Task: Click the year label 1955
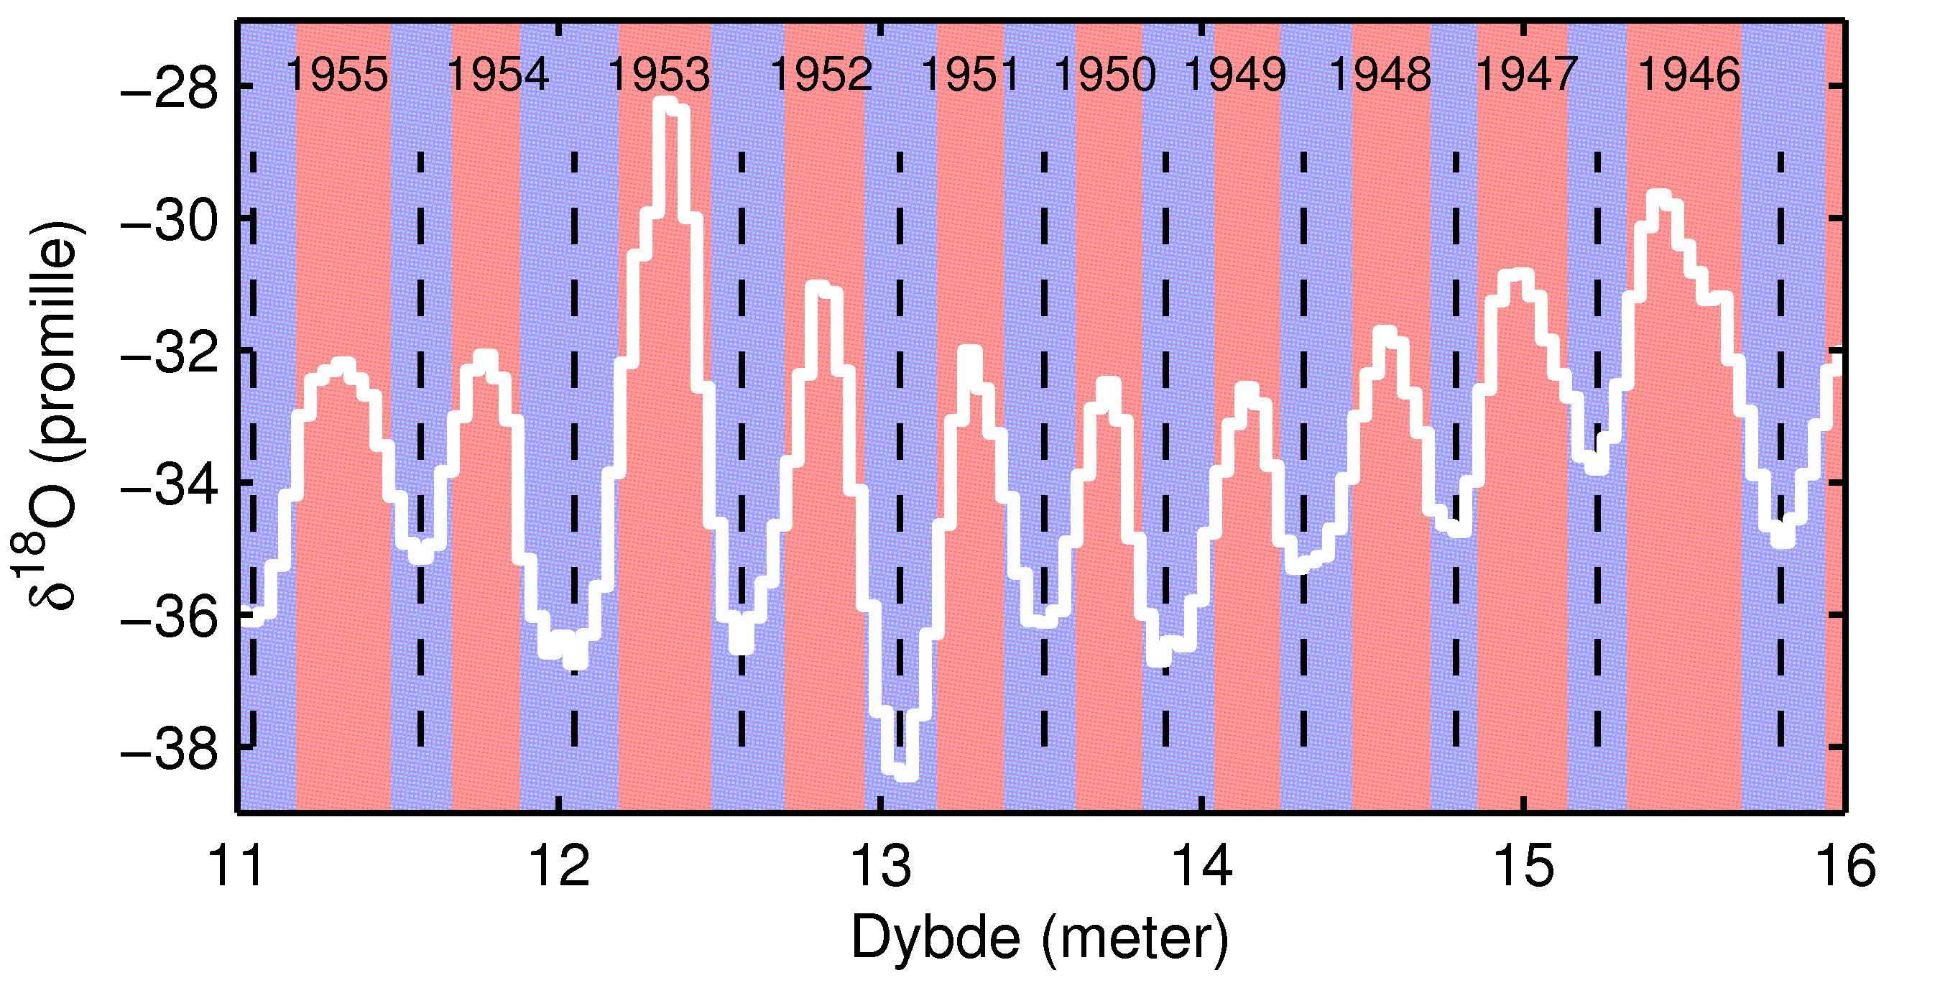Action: pos(338,75)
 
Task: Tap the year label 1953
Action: pos(659,75)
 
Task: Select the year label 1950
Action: pos(1105,75)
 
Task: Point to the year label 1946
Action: pos(1689,75)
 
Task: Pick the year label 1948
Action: pos(1380,75)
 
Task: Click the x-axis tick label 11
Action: pos(236,866)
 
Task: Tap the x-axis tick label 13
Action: pos(879,866)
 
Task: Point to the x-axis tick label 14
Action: pos(1202,866)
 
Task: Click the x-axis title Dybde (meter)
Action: pos(1039,938)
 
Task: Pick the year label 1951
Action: pos(970,75)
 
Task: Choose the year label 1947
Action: pos(1525,75)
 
